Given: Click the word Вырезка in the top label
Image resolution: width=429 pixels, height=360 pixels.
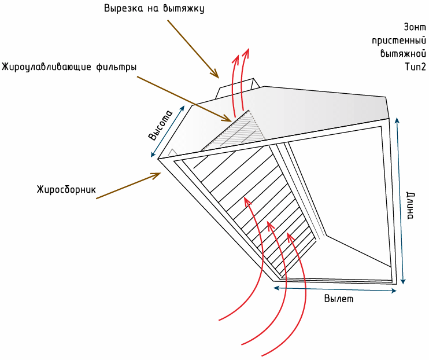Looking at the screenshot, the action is point(123,8).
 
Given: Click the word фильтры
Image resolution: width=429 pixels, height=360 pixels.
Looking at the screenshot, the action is point(116,67).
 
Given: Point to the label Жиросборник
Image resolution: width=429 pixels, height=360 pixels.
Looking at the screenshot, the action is point(66,189).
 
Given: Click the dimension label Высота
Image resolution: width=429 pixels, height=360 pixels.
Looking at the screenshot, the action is point(160,126).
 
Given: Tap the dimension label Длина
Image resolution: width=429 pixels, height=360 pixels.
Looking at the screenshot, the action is point(410,206).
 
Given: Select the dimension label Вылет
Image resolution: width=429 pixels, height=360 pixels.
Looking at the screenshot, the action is point(339,298).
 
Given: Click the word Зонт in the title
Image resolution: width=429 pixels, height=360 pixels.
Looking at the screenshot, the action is point(415,27).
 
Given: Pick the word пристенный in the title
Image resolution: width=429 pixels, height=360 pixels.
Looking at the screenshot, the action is point(399,41).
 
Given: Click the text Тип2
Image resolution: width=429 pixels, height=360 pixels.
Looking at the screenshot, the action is point(416,67).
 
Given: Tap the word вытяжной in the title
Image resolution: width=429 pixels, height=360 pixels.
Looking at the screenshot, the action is point(404,53).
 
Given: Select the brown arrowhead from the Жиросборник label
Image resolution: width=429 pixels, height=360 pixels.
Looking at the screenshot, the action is point(157,175).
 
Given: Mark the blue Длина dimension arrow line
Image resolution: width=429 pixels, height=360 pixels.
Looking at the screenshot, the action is point(400,201).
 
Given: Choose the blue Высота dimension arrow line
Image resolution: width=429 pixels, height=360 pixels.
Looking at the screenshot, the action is point(168,131).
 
